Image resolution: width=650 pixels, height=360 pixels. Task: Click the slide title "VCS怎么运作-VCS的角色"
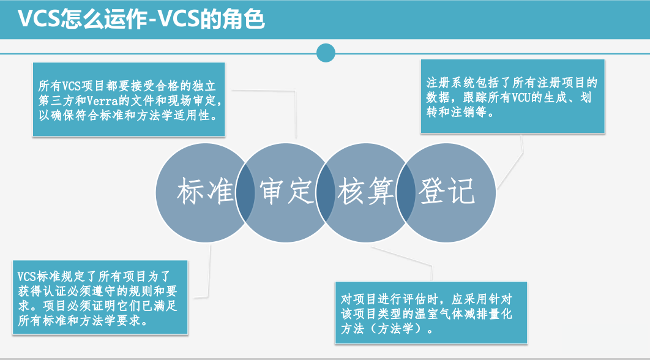[x=141, y=19]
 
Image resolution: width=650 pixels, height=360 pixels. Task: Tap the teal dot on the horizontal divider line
[x=326, y=53]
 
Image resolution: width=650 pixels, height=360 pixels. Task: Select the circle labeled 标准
[x=205, y=193]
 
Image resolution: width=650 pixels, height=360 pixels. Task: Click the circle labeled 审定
[x=285, y=193]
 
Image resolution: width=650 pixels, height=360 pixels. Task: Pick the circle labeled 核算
[x=365, y=193]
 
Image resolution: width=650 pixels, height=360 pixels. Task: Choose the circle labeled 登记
[x=446, y=193]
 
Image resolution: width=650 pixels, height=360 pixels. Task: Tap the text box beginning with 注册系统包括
[x=512, y=96]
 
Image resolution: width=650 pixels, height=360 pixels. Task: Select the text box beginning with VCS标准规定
[x=100, y=298]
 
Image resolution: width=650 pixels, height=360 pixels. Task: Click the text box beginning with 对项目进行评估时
[x=431, y=313]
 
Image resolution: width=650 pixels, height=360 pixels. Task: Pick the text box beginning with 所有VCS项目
[x=129, y=100]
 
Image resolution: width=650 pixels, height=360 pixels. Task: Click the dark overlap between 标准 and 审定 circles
[x=245, y=193]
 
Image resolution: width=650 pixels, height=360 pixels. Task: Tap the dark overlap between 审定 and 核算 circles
[x=326, y=193]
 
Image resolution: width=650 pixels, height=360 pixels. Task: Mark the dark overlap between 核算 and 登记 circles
[x=405, y=193]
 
